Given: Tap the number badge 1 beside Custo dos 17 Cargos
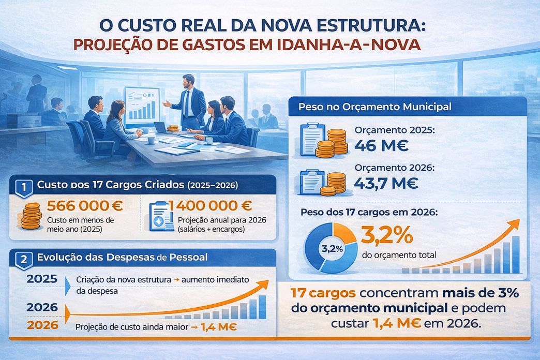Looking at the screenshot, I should [22, 186].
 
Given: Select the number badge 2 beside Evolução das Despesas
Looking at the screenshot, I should [22, 258].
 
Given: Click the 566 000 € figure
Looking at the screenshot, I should [84, 206].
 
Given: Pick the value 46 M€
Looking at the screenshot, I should [381, 145].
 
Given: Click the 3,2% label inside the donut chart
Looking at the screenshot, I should [332, 248].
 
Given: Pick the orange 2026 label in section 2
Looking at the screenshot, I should [42, 325].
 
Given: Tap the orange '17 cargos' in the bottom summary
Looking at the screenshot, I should [323, 293].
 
